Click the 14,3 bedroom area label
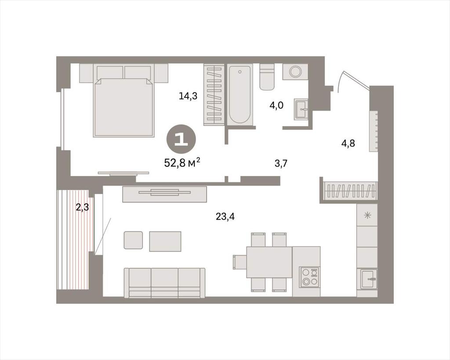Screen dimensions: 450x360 pos(188,96)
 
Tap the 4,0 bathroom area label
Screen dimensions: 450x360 pos(276,105)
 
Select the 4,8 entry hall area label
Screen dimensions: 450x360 pos(348,143)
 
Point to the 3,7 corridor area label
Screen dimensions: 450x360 pos(281,164)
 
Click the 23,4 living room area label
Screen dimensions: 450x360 pos(225,217)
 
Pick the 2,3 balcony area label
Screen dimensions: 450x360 pos(82,207)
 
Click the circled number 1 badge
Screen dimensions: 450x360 pos(181,140)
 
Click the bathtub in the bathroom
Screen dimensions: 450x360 pos(240,94)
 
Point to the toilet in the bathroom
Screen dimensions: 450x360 pos(267,76)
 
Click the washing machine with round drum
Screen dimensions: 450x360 pos(295,72)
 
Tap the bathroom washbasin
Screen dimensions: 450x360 pos(301,109)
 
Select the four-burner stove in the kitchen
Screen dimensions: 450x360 pos(309,277)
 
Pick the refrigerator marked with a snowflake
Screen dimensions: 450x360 pos(367,215)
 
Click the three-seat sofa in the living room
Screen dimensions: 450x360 pos(165,283)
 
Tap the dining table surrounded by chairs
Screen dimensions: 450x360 pos(269,262)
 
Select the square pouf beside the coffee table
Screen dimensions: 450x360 pos(133,240)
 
